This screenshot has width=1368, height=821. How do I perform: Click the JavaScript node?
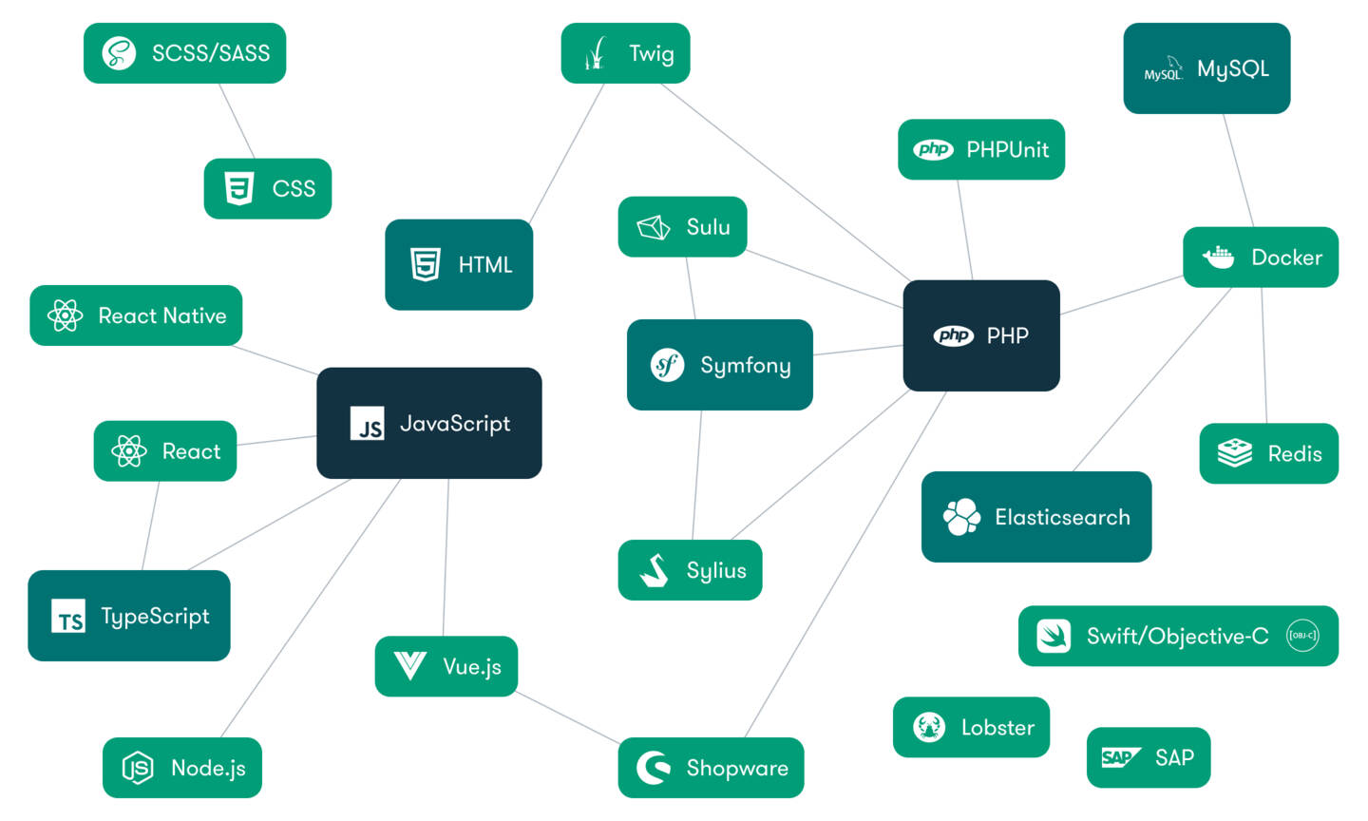pos(428,423)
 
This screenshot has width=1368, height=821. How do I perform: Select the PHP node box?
pos(980,335)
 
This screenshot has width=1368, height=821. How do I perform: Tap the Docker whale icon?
pos(1218,257)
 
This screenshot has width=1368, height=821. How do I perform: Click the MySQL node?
pos(1206,68)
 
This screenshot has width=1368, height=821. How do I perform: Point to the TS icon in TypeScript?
pos(68,617)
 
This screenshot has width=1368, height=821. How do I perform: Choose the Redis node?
pos(1268,453)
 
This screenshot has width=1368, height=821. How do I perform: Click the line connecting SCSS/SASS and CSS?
pos(237,121)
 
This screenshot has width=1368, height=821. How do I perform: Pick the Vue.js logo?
pos(409,665)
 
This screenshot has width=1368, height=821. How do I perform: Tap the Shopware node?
pos(711,767)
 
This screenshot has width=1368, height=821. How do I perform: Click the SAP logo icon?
pos(1120,757)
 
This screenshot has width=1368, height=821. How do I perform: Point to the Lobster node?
pos(971,727)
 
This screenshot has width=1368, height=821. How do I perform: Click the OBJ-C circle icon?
pos(1301,636)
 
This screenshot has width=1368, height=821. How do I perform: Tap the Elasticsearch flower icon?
pos(961,517)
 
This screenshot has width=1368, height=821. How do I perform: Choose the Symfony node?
pos(719,365)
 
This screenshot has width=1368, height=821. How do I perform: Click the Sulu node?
pos(682,226)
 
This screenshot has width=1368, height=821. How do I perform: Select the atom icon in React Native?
pos(65,315)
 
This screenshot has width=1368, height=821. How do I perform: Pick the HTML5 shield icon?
pos(425,264)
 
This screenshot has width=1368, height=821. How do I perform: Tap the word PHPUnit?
pos(1007,149)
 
